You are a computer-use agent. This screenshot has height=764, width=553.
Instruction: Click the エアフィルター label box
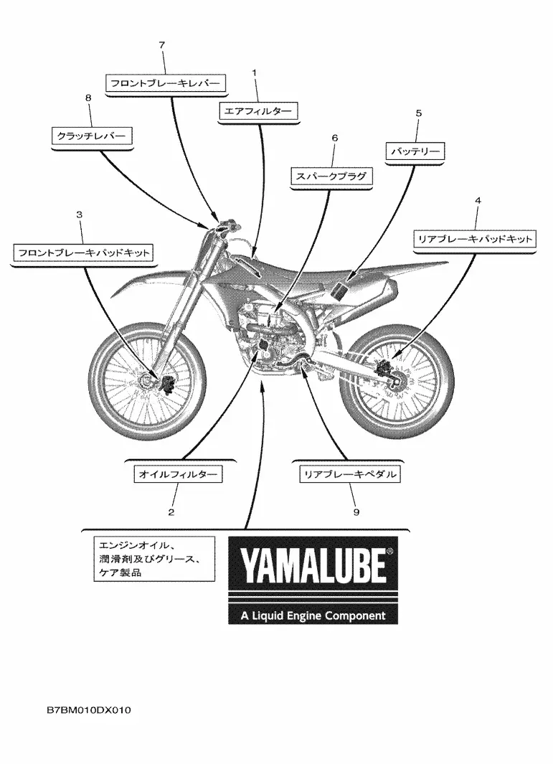tap(258, 111)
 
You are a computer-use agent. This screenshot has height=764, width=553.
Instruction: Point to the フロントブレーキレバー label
tap(166, 83)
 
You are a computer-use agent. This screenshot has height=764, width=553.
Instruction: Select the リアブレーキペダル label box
tap(349, 474)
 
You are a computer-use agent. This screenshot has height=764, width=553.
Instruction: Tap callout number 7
tap(162, 45)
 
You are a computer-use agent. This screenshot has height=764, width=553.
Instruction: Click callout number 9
tap(356, 512)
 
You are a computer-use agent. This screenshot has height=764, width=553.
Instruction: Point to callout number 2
tap(171, 512)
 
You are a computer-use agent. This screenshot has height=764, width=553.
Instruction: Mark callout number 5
tap(419, 113)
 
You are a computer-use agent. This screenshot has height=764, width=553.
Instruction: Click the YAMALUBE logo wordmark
tap(313, 567)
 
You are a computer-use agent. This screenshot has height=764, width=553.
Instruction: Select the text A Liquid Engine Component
tap(313, 616)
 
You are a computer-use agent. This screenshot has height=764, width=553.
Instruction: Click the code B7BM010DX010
tap(89, 710)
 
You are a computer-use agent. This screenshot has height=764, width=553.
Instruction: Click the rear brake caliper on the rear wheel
tap(385, 367)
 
